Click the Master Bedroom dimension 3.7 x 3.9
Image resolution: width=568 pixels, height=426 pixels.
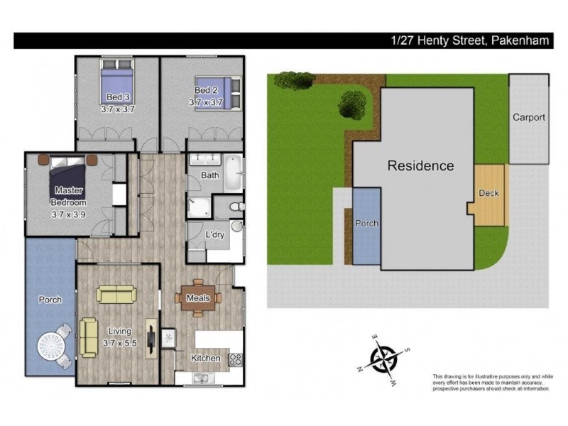click(68, 214)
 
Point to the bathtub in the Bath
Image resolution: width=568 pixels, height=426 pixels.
click(233, 173)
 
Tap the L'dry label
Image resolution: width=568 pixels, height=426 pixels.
click(215, 234)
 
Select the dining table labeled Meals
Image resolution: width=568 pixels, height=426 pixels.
click(198, 297)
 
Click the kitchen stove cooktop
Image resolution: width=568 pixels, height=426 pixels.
click(236, 359)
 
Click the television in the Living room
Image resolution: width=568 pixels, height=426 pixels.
click(151, 339)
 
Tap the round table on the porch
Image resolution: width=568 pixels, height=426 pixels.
click(50, 346)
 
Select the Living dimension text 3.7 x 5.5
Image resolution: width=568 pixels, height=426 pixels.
click(120, 343)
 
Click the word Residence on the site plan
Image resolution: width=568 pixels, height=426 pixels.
click(420, 165)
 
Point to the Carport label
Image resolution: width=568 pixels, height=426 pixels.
click(529, 117)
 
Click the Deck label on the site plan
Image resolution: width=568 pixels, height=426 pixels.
click(488, 193)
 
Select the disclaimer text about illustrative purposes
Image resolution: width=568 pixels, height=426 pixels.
click(493, 383)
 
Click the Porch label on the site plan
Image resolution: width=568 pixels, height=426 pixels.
click(366, 223)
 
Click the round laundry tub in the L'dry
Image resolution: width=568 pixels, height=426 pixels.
click(236, 226)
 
